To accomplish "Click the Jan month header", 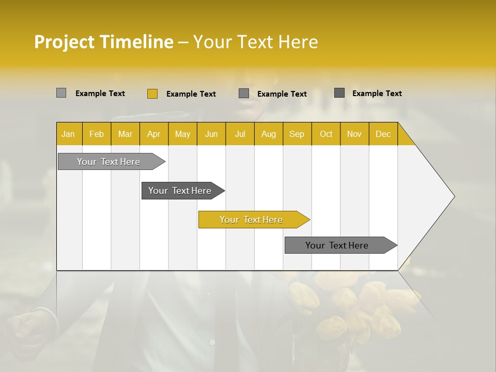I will click(68, 134).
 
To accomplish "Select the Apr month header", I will click(153, 134).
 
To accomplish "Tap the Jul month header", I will click(240, 134).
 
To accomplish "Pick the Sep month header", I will click(297, 134).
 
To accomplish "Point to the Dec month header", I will click(383, 134).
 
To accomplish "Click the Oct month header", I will click(326, 134).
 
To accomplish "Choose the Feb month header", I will click(97, 134).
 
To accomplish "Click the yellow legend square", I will click(152, 94).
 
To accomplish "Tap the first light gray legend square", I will click(61, 93).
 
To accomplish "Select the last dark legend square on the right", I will click(339, 93).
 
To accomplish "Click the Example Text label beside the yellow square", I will click(191, 94).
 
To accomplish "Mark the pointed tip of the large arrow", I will click(454, 196).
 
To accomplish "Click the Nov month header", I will click(354, 134).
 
